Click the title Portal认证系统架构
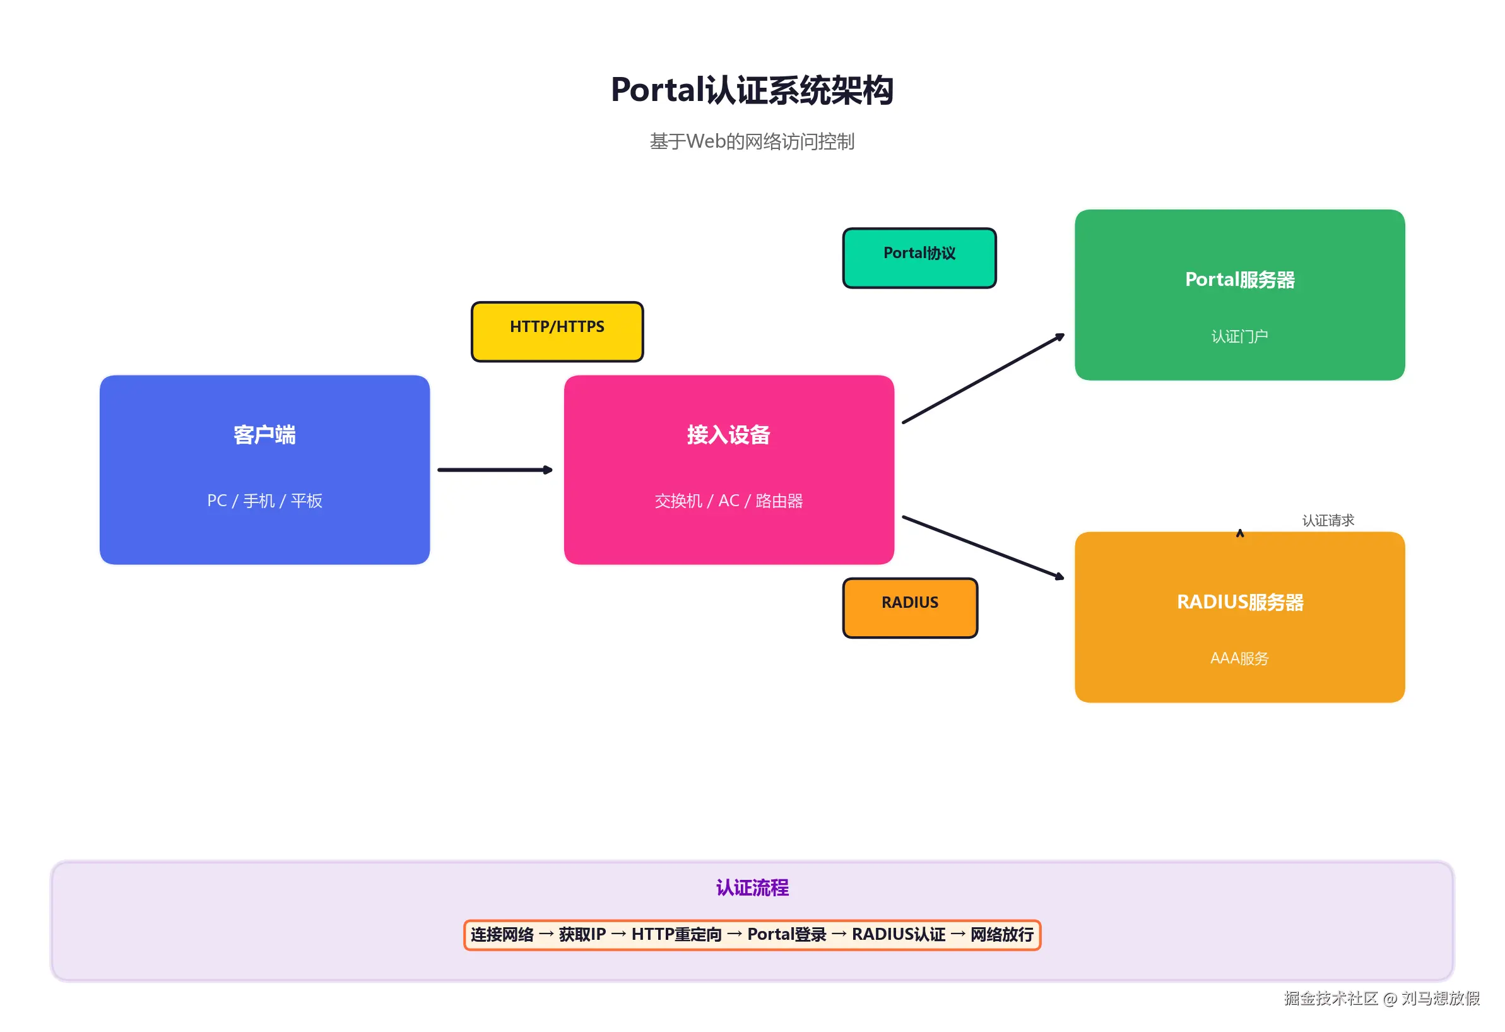tap(752, 90)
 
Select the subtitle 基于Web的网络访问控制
tap(752, 141)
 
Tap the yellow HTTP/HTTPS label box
tap(557, 331)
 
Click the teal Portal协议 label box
tap(919, 257)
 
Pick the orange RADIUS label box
tap(910, 607)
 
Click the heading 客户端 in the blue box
tap(264, 435)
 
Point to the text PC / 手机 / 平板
tap(264, 501)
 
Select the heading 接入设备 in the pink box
tap(729, 435)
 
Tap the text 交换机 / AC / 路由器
tap(729, 501)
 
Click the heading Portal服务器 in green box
tap(1239, 280)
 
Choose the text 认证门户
tap(1239, 336)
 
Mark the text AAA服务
tap(1239, 658)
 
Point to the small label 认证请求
tap(1328, 520)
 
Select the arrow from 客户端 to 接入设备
tap(495, 470)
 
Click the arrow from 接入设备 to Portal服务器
tap(983, 379)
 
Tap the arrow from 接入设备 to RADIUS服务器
tap(983, 547)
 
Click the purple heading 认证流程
tap(752, 887)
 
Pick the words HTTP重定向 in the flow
tap(676, 934)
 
